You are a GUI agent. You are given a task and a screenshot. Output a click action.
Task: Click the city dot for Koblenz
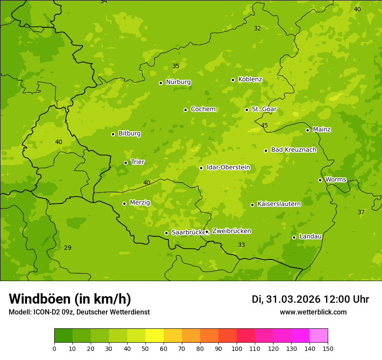(x=233, y=80)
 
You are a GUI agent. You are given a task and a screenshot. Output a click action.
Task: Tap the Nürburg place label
(x=178, y=82)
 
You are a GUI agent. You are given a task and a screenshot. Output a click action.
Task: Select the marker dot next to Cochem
(x=185, y=110)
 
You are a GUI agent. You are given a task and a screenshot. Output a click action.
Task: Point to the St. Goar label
(x=264, y=109)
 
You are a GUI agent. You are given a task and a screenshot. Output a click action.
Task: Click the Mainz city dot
(x=307, y=130)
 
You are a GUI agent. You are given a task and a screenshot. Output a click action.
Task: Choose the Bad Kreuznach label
(x=293, y=150)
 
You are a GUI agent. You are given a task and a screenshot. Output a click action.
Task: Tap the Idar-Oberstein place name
(x=228, y=167)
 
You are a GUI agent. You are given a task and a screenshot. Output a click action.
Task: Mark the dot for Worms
(x=320, y=180)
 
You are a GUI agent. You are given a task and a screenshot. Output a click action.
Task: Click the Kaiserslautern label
(x=279, y=204)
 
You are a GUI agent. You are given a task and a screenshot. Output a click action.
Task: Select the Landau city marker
(x=294, y=237)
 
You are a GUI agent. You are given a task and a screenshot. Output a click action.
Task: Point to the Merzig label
(x=140, y=203)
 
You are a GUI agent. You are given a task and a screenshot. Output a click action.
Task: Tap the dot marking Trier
(x=125, y=163)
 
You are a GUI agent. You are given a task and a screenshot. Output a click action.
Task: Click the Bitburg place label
(x=129, y=134)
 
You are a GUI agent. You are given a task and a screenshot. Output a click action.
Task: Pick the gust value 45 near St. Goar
(x=264, y=126)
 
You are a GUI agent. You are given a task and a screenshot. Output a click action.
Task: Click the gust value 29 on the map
(x=67, y=248)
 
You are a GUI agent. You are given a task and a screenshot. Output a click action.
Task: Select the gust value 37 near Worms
(x=361, y=213)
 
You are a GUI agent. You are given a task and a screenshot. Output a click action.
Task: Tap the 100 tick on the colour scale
(x=237, y=348)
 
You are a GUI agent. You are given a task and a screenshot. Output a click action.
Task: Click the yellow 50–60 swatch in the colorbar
(x=155, y=336)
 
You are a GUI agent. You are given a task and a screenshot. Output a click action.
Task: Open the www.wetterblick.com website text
(x=313, y=312)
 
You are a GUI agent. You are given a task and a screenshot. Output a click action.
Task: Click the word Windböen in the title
(x=40, y=299)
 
